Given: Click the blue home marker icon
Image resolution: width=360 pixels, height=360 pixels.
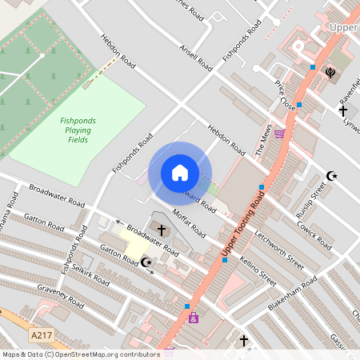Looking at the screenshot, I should click(179, 173).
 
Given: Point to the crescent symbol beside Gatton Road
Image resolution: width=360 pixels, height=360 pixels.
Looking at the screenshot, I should click(146, 262).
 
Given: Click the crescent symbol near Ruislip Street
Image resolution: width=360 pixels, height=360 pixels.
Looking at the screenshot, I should click(331, 175).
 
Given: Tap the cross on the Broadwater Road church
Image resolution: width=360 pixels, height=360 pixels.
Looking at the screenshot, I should click(162, 230).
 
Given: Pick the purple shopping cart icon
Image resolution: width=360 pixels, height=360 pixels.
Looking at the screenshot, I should click(278, 134).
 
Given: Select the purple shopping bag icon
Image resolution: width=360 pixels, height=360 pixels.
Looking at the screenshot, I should click(193, 318).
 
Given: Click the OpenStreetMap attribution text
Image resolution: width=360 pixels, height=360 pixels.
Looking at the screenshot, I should click(80, 354).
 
